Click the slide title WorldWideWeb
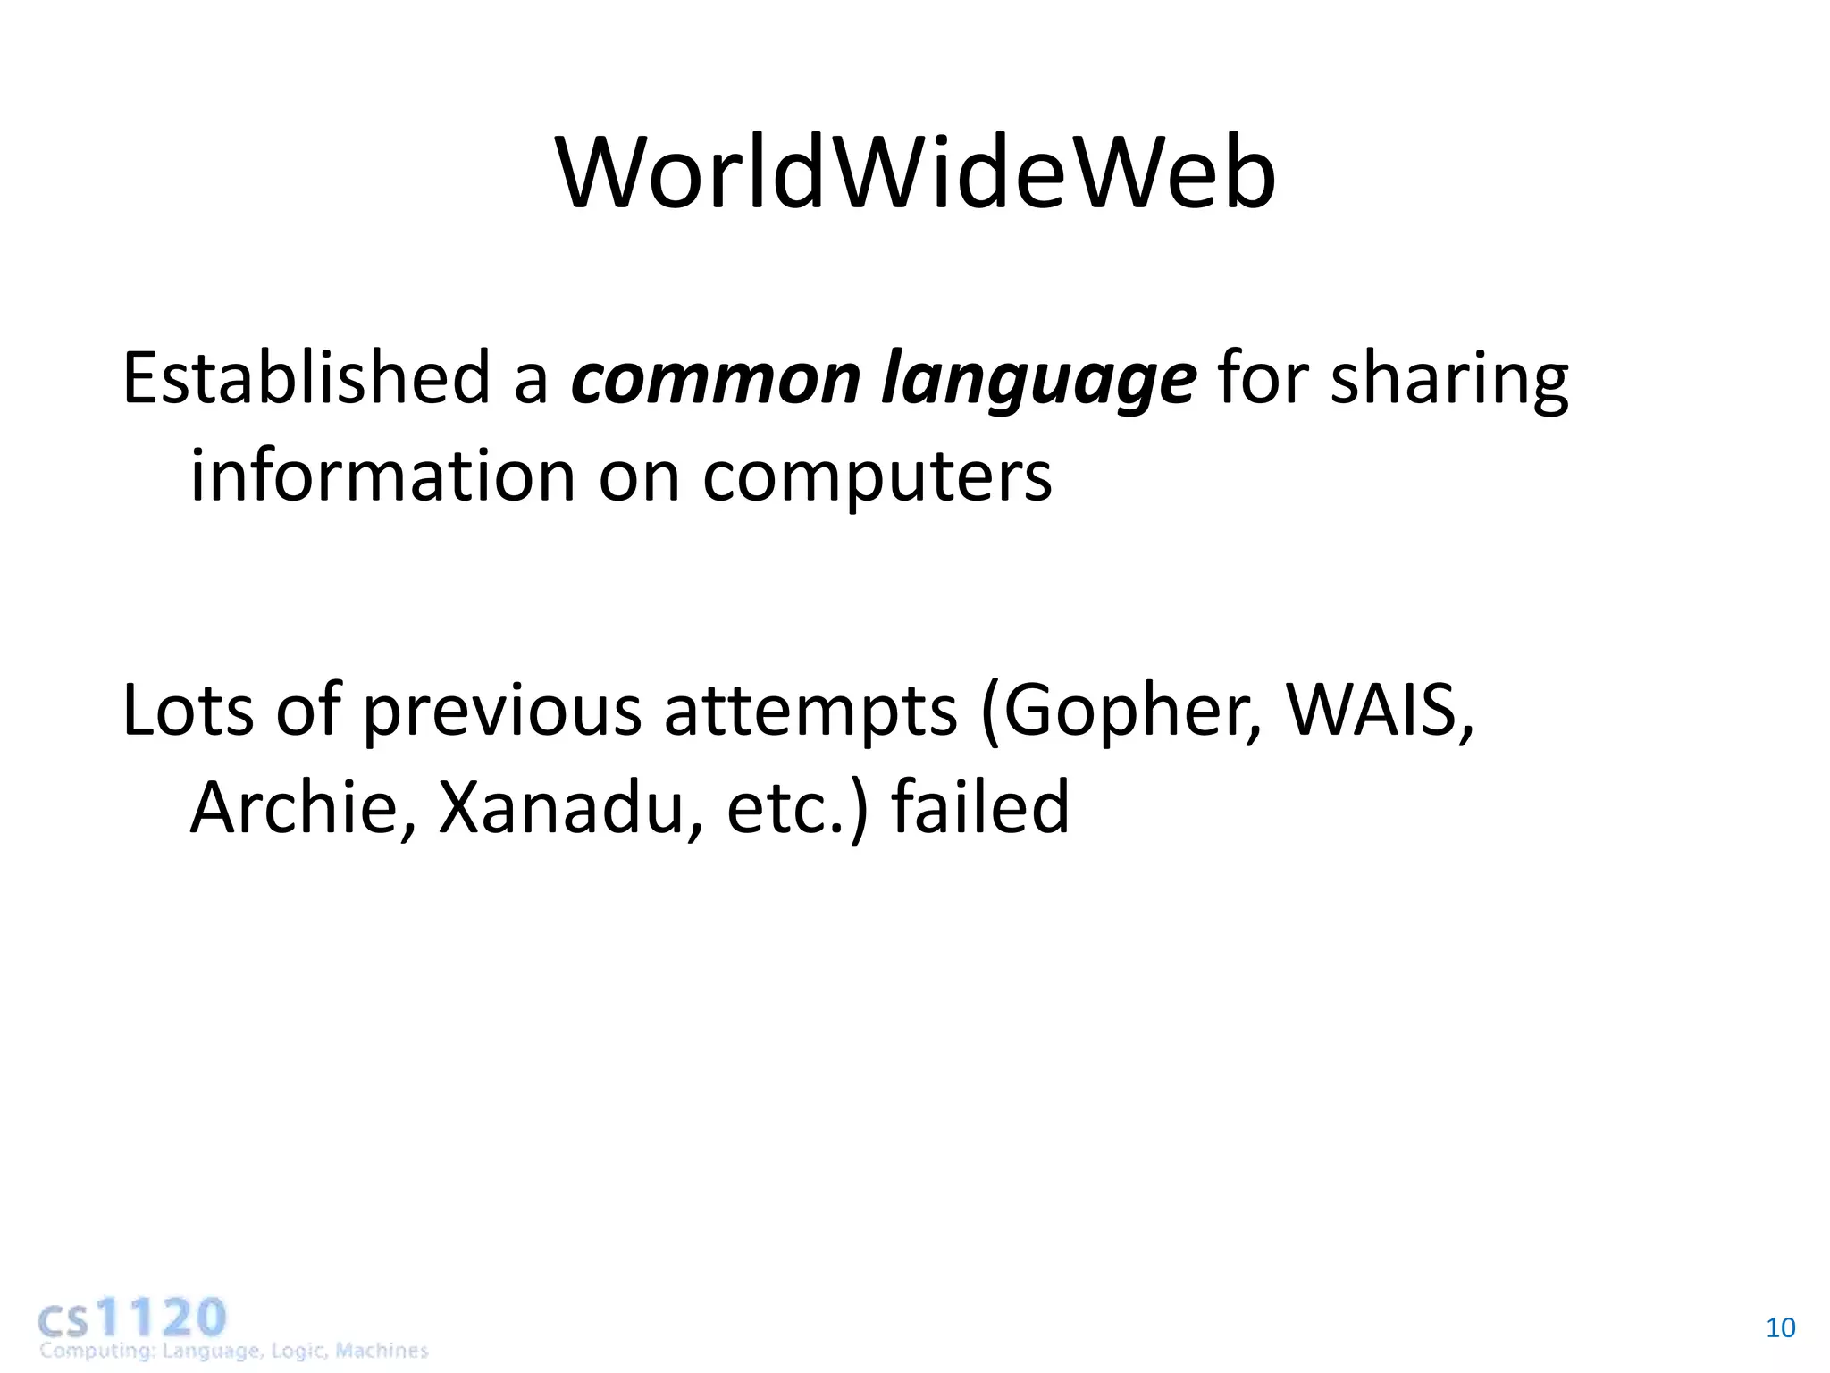click(915, 174)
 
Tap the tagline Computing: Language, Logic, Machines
click(233, 1351)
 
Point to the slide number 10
click(1780, 1328)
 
